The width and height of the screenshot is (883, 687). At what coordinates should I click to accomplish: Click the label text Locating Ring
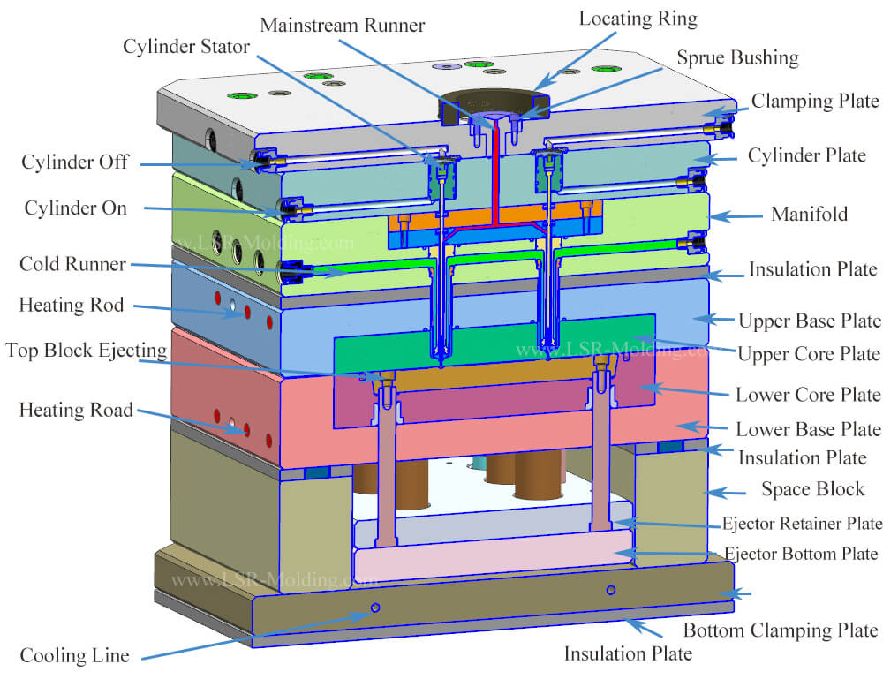(x=638, y=18)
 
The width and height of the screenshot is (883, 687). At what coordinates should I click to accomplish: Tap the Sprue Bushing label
(x=737, y=58)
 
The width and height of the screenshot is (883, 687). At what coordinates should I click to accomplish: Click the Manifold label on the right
(x=809, y=215)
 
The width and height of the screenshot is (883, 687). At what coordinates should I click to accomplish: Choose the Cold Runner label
(x=72, y=265)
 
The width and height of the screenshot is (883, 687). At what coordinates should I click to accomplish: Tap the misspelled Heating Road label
(x=75, y=410)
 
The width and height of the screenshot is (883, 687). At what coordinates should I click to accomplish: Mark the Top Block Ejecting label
(x=86, y=351)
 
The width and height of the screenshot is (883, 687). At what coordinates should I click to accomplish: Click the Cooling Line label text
(x=75, y=655)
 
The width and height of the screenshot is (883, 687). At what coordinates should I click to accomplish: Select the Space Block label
(x=812, y=489)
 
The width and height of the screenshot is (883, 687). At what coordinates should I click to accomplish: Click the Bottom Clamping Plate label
(x=781, y=630)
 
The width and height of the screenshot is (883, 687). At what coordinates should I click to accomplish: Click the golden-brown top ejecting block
(x=494, y=378)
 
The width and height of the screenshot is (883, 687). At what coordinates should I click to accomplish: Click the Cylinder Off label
(x=76, y=162)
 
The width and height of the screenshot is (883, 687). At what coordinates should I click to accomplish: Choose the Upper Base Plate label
(x=809, y=321)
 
